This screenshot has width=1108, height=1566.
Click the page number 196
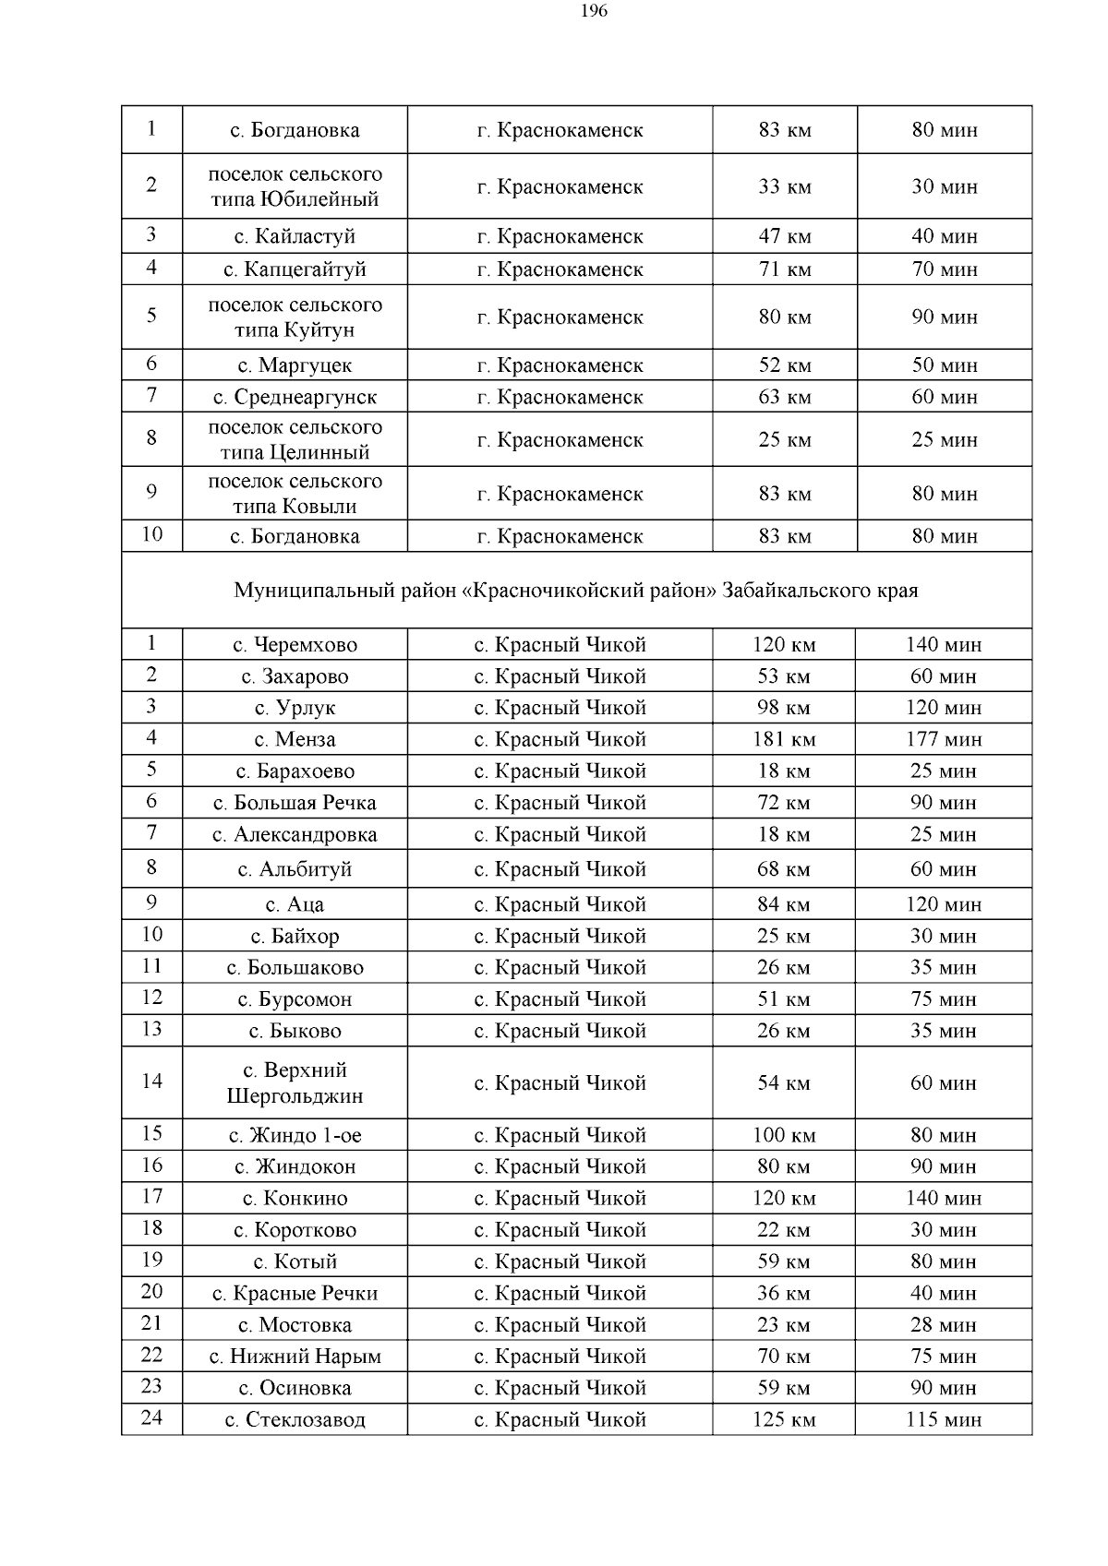[x=595, y=11]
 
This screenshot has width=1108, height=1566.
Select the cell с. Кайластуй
[x=295, y=236]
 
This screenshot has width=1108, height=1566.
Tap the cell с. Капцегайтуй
[x=295, y=269]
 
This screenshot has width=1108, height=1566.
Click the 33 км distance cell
[x=784, y=186]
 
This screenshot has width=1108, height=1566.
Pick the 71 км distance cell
[x=784, y=269]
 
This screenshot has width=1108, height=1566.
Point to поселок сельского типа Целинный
[x=295, y=439]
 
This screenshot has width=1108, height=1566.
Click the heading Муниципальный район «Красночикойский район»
[x=576, y=590]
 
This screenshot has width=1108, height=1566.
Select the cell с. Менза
[x=295, y=739]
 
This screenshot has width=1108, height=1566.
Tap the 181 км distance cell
[x=784, y=739]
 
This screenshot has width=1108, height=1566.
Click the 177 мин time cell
[x=943, y=739]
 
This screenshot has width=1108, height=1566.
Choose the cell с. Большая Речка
[x=295, y=803]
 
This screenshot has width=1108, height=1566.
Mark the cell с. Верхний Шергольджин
[x=295, y=1082]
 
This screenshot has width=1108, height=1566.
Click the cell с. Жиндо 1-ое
[x=295, y=1135]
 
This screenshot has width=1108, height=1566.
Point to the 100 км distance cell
[x=784, y=1135]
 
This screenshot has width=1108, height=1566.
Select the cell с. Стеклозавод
[x=295, y=1419]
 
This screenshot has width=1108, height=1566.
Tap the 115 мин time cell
[x=943, y=1419]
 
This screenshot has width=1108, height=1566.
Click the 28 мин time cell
[x=943, y=1325]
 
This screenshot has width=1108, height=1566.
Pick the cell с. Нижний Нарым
[x=295, y=1357]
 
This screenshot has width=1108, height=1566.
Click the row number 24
[x=151, y=1417]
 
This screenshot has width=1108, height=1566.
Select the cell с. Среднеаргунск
[x=295, y=397]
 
